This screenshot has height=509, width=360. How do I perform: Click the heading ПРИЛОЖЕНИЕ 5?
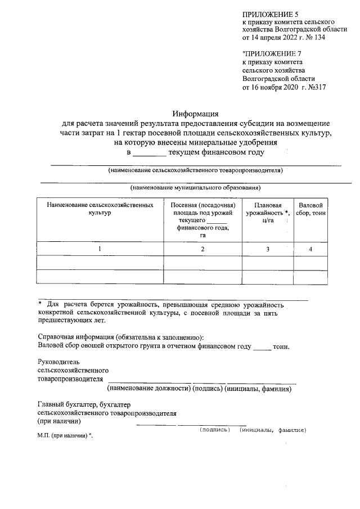coord(267,13)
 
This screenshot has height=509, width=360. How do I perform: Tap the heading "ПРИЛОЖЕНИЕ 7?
coord(268,53)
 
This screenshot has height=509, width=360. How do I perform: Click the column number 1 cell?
coord(100,249)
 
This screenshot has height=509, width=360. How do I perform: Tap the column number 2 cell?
coord(202,249)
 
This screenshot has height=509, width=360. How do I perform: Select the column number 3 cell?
coord(268,249)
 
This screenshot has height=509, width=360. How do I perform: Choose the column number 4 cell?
coord(310,249)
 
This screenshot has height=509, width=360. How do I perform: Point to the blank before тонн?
coord(262,346)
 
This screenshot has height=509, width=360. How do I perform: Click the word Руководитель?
coord(58,362)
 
